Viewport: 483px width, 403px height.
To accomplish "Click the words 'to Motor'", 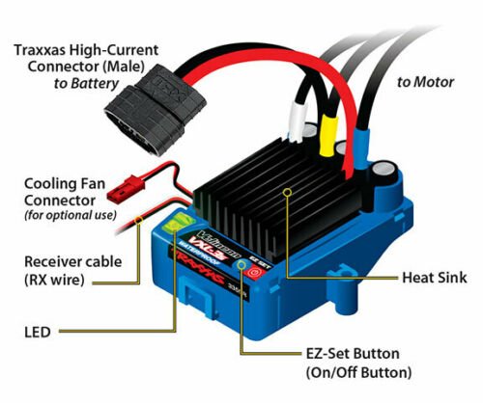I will click(425, 82).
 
